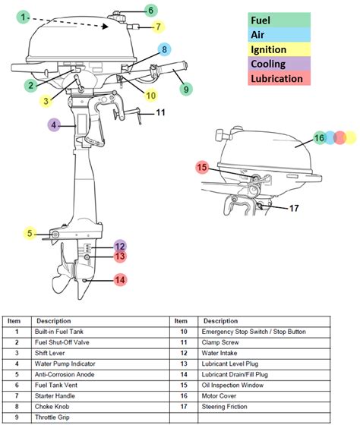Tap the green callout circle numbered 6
click(150, 11)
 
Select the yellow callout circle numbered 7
click(157, 27)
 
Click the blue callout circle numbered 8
click(164, 50)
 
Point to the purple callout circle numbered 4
click(53, 125)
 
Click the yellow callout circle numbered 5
click(29, 234)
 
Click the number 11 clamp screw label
click(161, 113)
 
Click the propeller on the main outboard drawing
click(71, 282)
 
